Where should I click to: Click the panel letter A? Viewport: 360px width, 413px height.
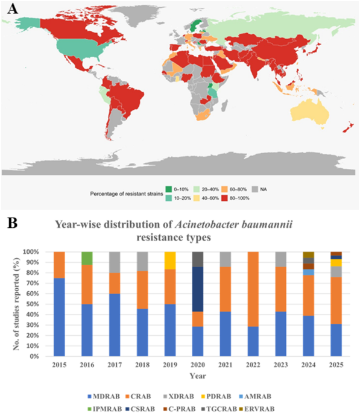(13, 9)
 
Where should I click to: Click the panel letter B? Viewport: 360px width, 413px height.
(13, 223)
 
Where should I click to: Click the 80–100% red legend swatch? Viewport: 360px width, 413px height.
(225, 198)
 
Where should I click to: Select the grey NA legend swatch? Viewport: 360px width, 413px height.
(255, 189)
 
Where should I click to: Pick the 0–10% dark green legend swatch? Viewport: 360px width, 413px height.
(169, 189)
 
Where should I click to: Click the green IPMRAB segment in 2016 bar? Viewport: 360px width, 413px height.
(87, 258)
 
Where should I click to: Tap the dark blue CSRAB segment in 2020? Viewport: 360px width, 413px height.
(198, 289)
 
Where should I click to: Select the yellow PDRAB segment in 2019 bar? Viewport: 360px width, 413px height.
(170, 260)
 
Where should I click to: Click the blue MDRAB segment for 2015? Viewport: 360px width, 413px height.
(59, 317)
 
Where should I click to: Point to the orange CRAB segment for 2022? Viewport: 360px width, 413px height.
(253, 289)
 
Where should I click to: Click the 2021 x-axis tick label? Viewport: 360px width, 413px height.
(226, 365)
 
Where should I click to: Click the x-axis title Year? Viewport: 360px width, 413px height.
(198, 376)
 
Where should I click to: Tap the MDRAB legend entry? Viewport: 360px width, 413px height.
(104, 396)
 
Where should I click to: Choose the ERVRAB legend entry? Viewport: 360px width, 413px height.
(256, 409)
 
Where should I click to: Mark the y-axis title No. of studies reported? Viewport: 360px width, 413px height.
(16, 304)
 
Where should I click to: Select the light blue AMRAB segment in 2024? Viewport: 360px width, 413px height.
(308, 272)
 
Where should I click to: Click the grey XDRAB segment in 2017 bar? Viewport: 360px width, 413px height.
(115, 262)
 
